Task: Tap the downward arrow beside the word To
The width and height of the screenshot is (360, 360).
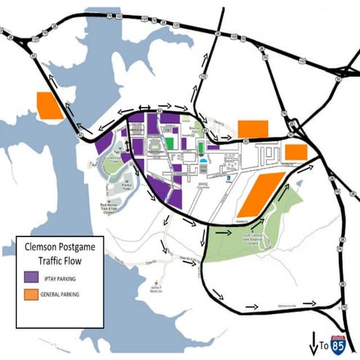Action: (x=313, y=341)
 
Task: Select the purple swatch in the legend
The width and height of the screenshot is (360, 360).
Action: (x=32, y=276)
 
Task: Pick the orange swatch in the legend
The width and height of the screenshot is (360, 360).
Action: (x=32, y=295)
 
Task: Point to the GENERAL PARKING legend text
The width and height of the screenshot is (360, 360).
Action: (x=70, y=295)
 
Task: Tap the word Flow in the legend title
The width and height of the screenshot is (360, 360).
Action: (x=76, y=259)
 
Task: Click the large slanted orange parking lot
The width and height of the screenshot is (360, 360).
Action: (x=260, y=193)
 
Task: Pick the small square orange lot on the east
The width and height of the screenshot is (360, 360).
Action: (x=295, y=152)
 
